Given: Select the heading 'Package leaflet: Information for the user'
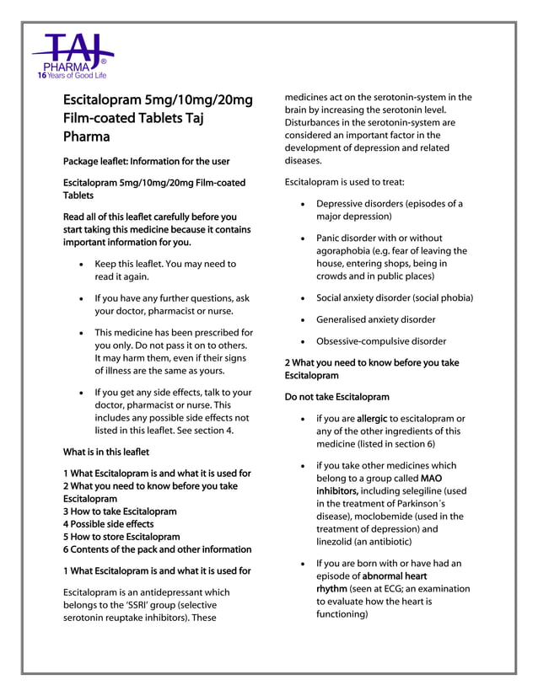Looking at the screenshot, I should [146, 161].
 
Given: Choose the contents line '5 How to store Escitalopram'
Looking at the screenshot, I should [121, 536].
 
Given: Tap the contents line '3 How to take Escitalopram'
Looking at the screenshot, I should [120, 511].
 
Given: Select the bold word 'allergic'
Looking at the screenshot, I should [374, 418].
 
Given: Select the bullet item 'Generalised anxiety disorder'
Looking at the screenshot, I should [375, 319].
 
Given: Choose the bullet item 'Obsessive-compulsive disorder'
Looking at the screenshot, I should [381, 341].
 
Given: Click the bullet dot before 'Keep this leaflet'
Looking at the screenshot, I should [80, 265].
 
